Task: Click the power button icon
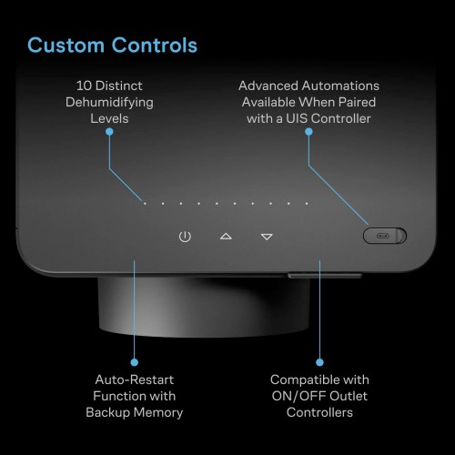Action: [x=185, y=237]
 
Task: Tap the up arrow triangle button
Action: [x=226, y=237]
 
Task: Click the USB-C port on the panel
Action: [x=383, y=236]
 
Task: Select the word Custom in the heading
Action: [x=66, y=45]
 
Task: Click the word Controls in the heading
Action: [x=155, y=45]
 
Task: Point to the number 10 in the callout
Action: [x=84, y=86]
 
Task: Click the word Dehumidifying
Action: [x=109, y=103]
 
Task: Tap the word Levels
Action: [x=109, y=118]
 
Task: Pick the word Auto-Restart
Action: [x=135, y=379]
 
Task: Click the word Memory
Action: [x=158, y=413]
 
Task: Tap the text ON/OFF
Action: [x=298, y=396]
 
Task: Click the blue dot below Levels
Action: [x=109, y=132]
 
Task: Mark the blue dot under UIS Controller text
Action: [x=308, y=132]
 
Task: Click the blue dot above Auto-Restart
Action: [x=135, y=362]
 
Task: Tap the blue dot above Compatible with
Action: [x=319, y=362]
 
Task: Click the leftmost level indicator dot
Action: [x=145, y=204]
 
